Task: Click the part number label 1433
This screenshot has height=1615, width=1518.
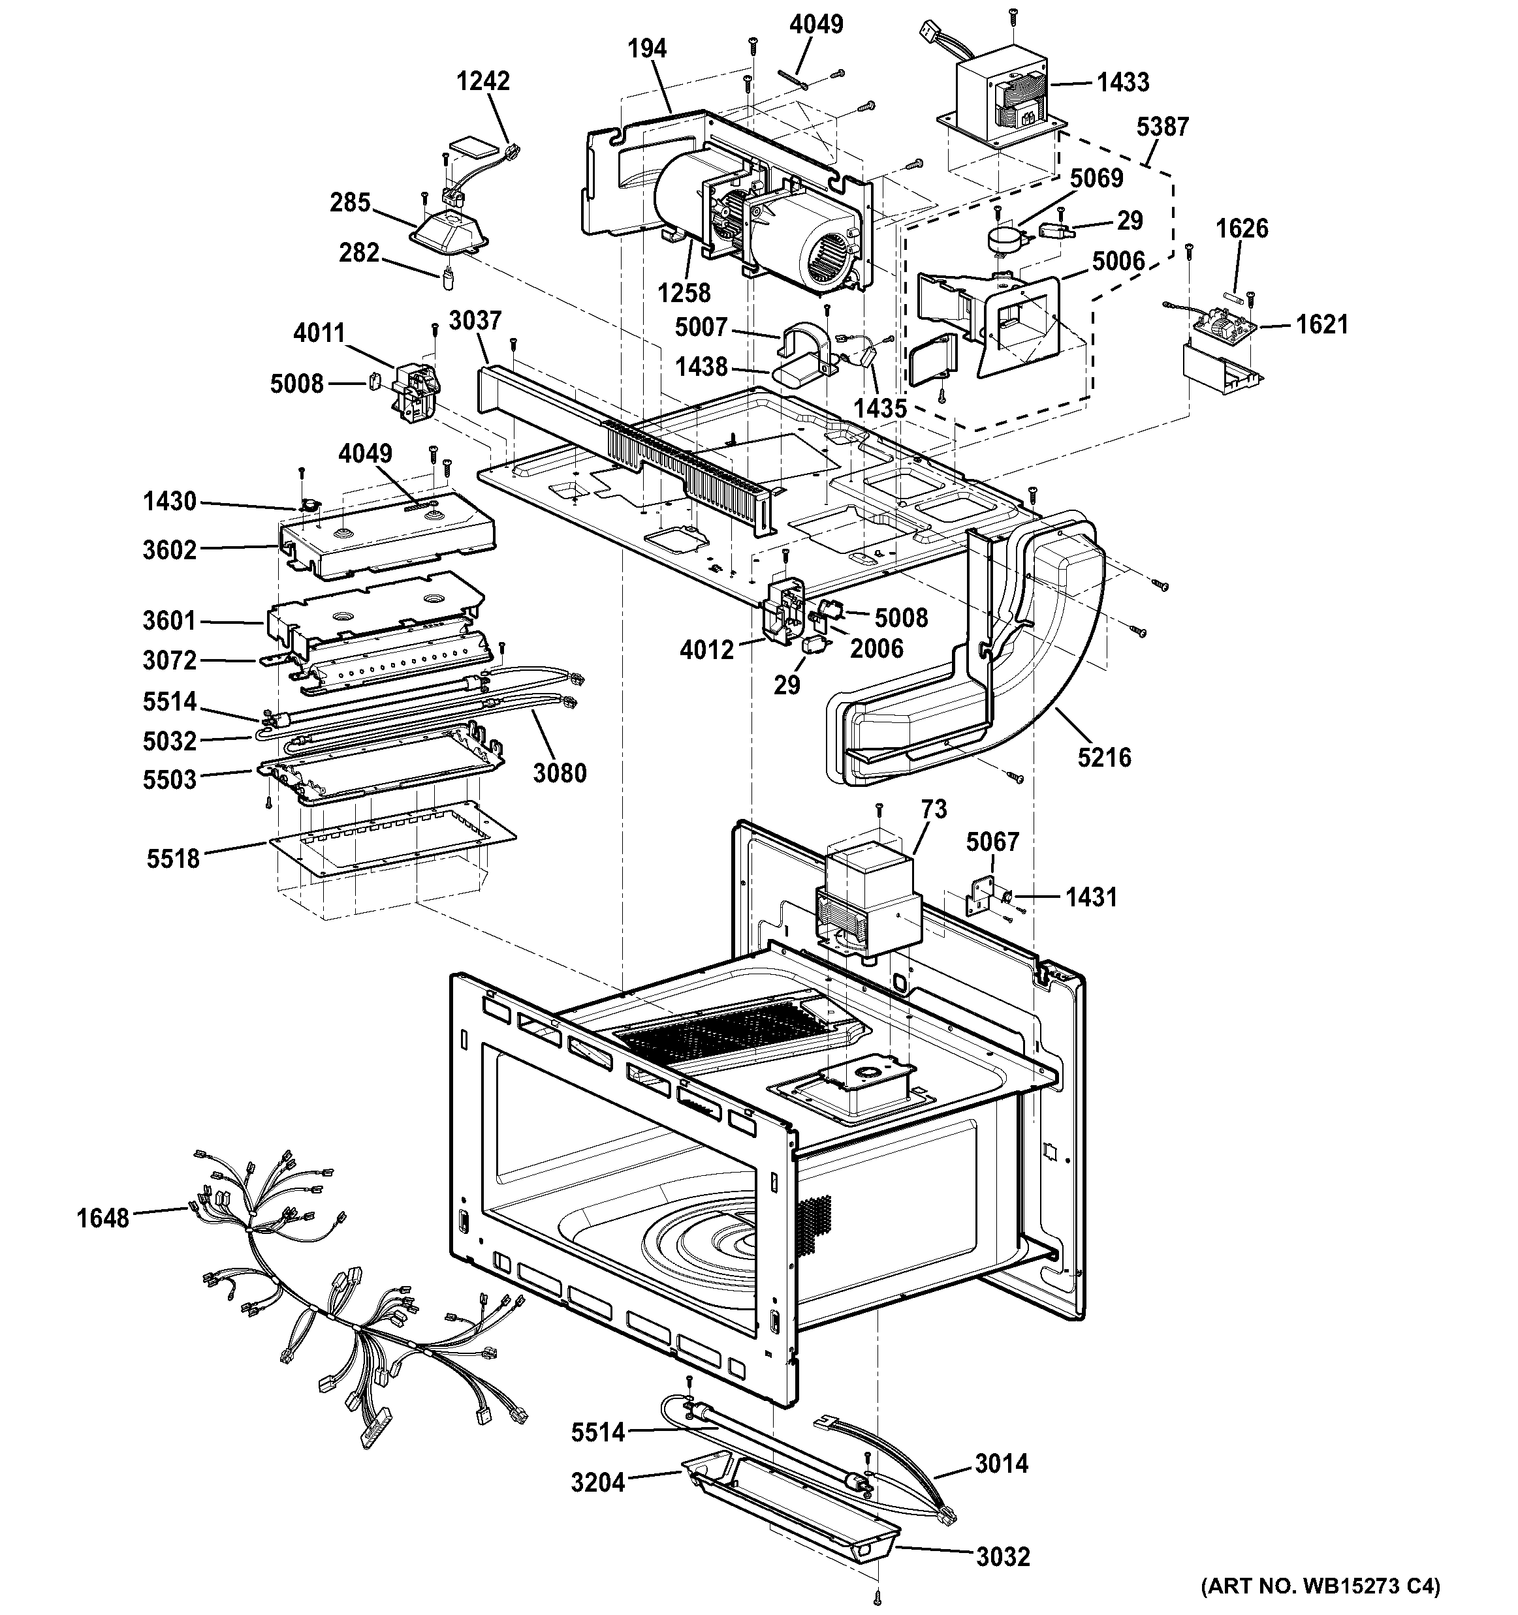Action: click(1123, 82)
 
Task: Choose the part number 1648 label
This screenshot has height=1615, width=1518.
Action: click(103, 1218)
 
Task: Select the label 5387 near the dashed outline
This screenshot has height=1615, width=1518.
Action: click(1162, 127)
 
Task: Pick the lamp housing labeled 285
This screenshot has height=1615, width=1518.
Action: click(451, 228)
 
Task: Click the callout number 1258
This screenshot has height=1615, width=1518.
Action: click(684, 292)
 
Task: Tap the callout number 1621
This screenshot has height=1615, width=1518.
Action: click(1322, 325)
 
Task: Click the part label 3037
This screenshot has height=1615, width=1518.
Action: click(475, 320)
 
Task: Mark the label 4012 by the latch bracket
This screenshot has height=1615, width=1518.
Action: click(707, 649)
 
